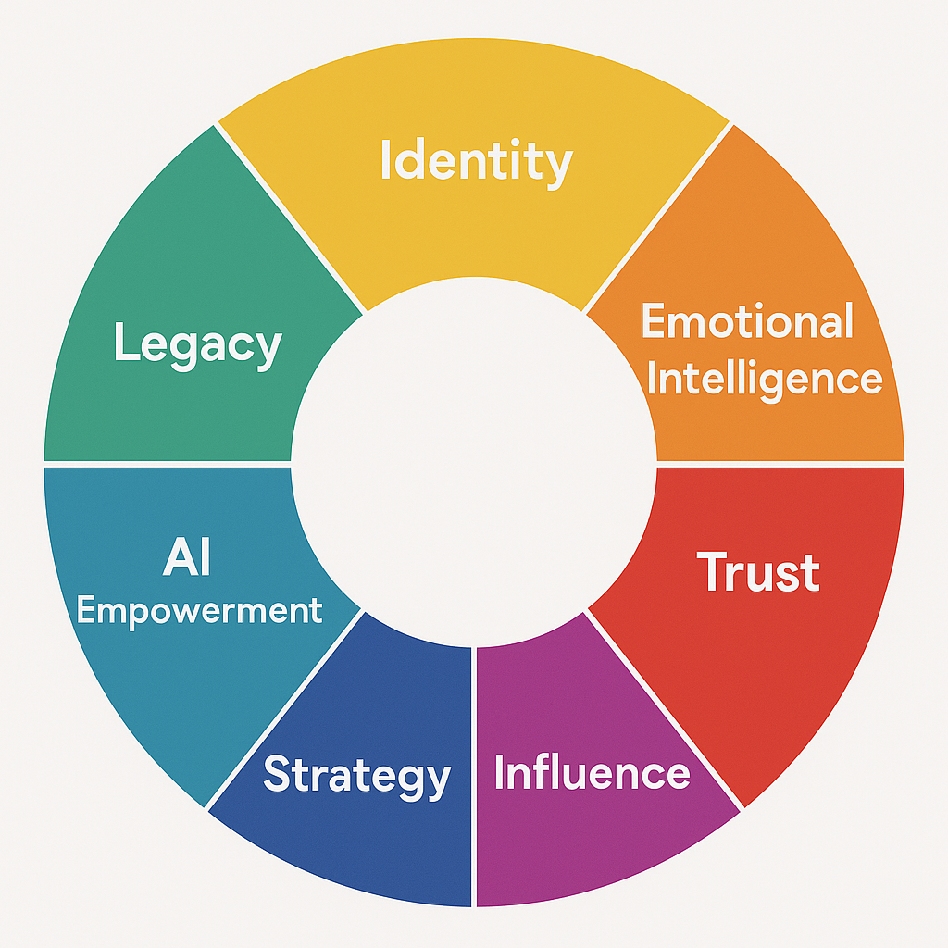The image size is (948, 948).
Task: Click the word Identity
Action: point(476,162)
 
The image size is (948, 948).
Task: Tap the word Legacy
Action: point(197,344)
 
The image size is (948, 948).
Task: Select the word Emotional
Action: point(747,322)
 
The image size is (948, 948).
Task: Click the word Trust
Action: point(758,572)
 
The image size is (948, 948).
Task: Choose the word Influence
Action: point(592,772)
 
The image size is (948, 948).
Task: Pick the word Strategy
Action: point(356,775)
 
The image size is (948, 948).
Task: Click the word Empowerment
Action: point(199,611)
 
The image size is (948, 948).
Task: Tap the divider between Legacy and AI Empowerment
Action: point(167,463)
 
